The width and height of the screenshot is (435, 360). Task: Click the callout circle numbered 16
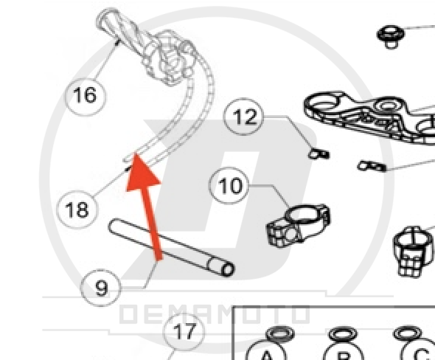pos(86,95)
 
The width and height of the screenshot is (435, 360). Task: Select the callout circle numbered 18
pos(77,210)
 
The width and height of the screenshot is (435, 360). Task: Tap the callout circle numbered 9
pos(101,288)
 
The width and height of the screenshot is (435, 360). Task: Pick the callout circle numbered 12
pos(243,117)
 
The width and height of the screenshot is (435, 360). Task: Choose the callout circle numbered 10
pos(229,186)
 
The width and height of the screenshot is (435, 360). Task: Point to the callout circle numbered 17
pos(184,331)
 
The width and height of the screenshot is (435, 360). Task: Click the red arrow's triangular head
pos(142,172)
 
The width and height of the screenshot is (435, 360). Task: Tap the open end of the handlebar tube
pos(228,269)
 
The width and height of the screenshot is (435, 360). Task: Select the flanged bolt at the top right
pos(391,36)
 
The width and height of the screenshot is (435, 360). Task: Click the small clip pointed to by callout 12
pos(319,153)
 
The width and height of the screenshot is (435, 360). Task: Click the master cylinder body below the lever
pos(170,60)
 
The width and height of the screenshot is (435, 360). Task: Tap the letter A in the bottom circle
pos(266,356)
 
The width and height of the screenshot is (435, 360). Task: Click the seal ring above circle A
pos(280,333)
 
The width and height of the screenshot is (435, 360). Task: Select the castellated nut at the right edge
pos(414,252)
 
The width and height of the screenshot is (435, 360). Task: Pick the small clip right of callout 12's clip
pos(372,166)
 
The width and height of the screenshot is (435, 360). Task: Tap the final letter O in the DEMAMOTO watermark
pos(301,314)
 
